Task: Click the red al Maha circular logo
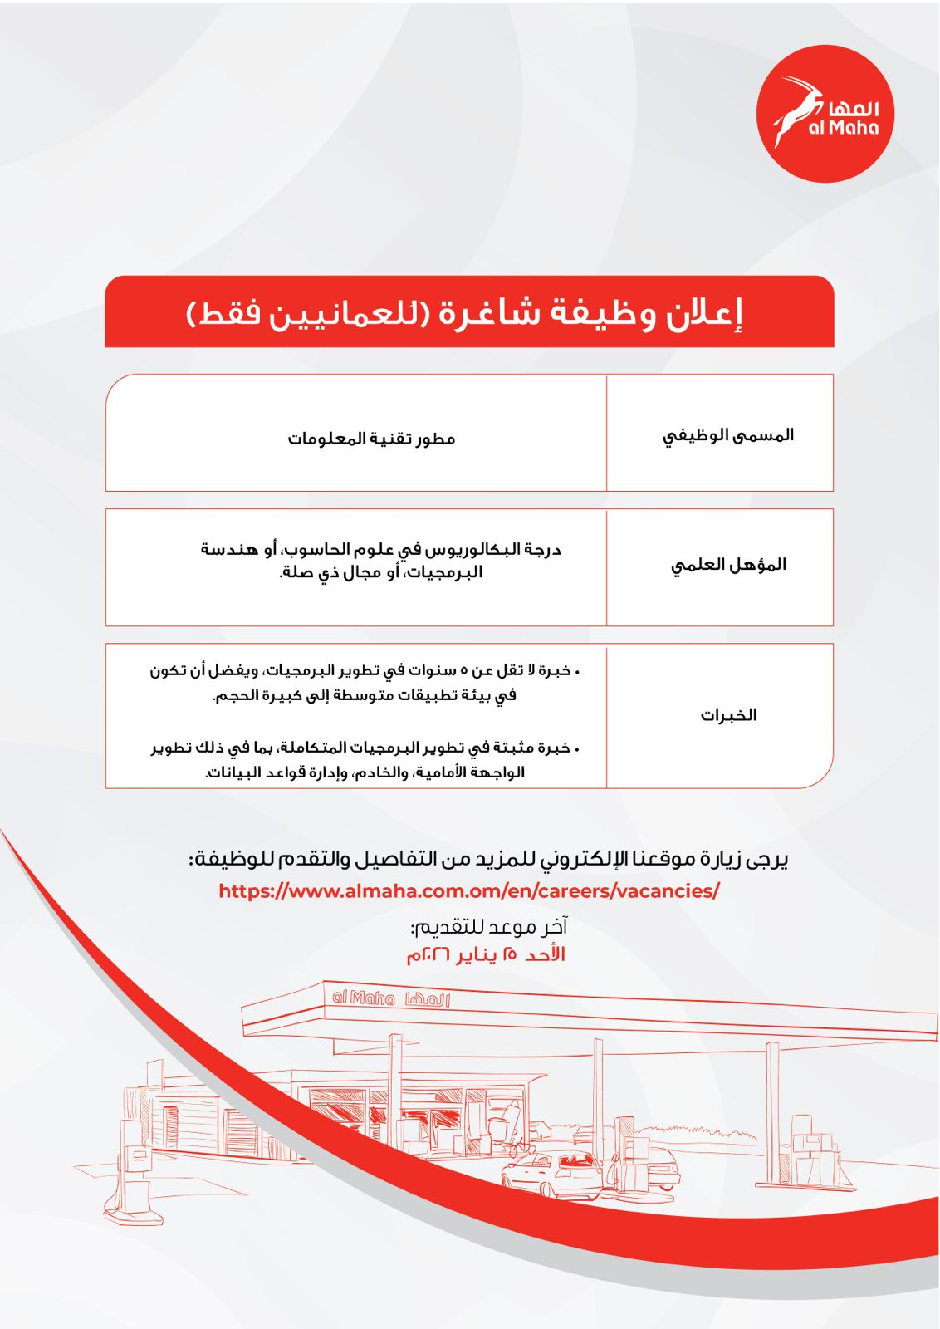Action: [825, 114]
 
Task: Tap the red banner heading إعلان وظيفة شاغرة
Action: [469, 313]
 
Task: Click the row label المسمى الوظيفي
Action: [727, 435]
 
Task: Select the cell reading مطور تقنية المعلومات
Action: [371, 439]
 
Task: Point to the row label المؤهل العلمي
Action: [728, 566]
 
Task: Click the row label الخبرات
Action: [728, 715]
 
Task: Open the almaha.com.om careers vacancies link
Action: [469, 891]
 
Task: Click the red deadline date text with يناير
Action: [486, 954]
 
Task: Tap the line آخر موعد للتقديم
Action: [488, 926]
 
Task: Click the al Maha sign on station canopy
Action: [390, 998]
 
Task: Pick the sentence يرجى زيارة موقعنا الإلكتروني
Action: [488, 860]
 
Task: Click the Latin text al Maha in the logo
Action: [843, 128]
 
